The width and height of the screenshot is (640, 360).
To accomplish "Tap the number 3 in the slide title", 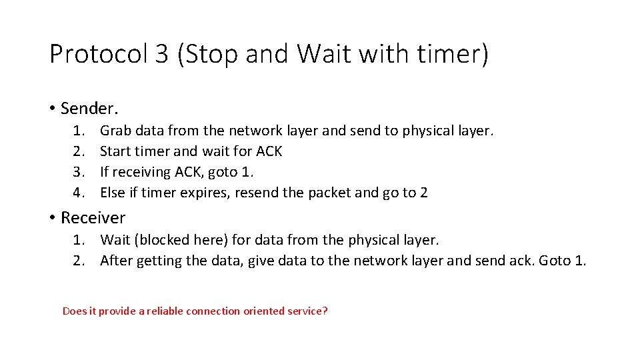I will [x=161, y=54].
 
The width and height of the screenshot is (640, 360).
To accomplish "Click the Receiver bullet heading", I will [x=93, y=217].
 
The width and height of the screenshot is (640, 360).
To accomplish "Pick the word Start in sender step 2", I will [x=115, y=151].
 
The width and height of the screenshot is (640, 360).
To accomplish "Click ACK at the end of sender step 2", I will [x=269, y=151].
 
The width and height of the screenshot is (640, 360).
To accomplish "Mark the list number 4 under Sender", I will [x=79, y=193].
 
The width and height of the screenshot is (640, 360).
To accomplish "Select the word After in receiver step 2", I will [x=116, y=260].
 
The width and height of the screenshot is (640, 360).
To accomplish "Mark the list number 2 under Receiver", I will [x=79, y=260].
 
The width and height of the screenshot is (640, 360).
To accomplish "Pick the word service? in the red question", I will [x=307, y=311].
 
